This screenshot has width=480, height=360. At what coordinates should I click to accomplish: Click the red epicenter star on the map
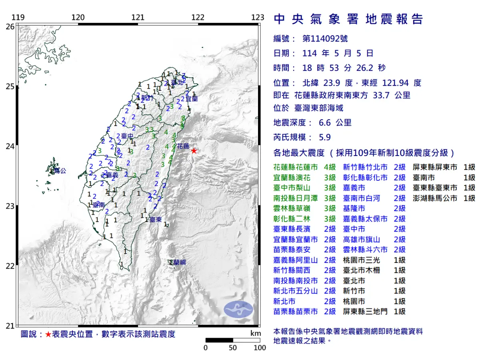tap(194, 151)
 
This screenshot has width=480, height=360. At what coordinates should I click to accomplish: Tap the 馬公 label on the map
tap(59, 171)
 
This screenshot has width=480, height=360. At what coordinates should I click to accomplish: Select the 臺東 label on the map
tap(155, 220)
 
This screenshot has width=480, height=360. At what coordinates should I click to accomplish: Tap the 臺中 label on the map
tap(127, 136)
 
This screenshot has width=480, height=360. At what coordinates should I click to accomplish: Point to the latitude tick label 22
tap(10, 266)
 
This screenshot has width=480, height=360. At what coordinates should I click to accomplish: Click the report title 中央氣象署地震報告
tap(348, 19)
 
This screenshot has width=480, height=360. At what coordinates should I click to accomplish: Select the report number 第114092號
tap(325, 39)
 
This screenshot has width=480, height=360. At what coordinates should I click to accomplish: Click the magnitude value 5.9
tap(325, 138)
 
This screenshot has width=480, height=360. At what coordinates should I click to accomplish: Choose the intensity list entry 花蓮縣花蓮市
tap(295, 167)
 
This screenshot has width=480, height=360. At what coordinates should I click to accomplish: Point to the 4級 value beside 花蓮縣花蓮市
tap(330, 167)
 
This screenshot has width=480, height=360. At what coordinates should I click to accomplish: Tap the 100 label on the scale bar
tap(260, 348)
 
